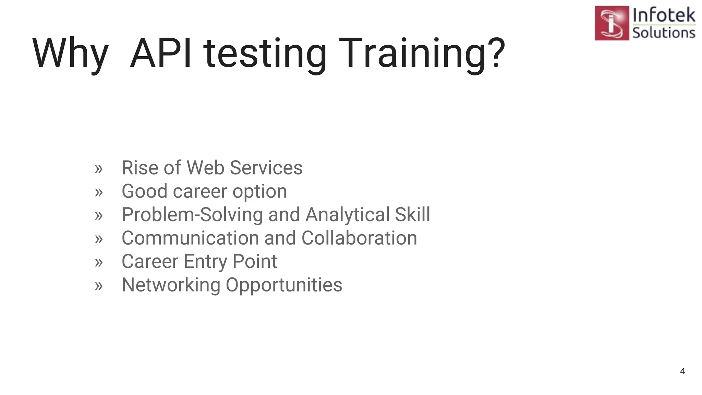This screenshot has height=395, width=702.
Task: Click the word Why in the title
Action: pos(70,54)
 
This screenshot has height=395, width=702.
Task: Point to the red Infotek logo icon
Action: pos(612,23)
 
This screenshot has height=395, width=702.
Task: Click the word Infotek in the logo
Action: pos(664,15)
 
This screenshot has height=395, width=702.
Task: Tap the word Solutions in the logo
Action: pos(664,33)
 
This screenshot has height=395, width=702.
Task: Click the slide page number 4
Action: pos(682,371)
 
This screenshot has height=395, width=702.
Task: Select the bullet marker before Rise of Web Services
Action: pos(99,169)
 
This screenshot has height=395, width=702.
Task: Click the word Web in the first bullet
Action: pos(205,168)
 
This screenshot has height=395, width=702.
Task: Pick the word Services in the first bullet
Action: pos(266,168)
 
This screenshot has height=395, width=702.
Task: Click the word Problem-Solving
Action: pos(192,215)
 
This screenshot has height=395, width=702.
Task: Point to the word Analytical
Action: pos(347,215)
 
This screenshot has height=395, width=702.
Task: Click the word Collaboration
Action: pos(359,238)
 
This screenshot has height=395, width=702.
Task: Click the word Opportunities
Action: pos(284,285)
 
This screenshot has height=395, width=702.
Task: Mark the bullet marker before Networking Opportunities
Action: pos(99,286)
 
